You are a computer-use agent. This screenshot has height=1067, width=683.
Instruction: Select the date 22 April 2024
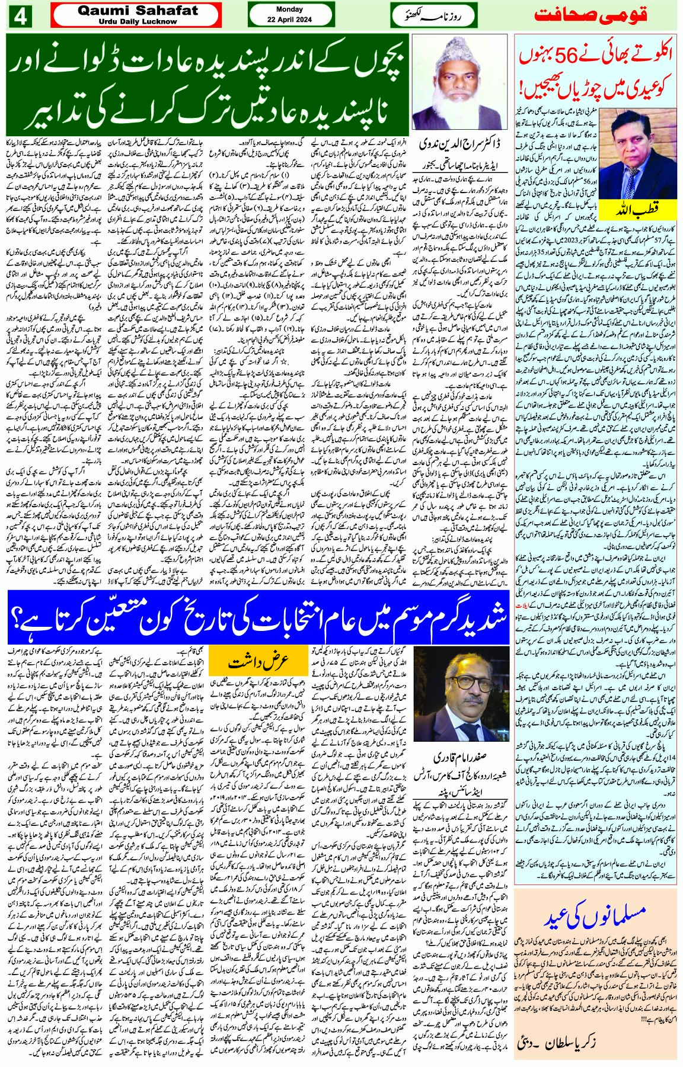(289, 20)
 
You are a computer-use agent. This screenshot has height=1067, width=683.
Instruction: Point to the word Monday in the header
(289, 9)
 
